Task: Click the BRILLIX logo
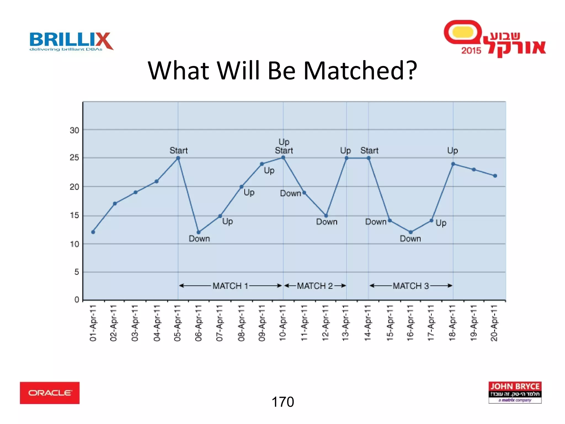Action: (71, 41)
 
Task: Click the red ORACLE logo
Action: (50, 393)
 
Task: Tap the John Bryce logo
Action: (515, 392)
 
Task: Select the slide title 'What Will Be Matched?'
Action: (282, 71)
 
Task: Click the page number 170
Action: (283, 402)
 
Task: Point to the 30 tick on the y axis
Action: (74, 130)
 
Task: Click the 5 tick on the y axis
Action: (77, 272)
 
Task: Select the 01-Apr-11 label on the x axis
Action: (93, 323)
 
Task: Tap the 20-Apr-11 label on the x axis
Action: (494, 323)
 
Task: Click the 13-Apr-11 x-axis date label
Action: (346, 323)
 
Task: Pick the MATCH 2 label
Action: (315, 286)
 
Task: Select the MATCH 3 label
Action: (411, 286)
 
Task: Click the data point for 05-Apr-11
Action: (178, 158)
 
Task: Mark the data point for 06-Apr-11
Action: (199, 232)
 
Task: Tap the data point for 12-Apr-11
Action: (326, 216)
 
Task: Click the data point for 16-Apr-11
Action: (411, 232)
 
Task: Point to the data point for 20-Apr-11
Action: (495, 176)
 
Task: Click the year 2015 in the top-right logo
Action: (471, 51)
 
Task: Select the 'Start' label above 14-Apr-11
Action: (369, 150)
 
